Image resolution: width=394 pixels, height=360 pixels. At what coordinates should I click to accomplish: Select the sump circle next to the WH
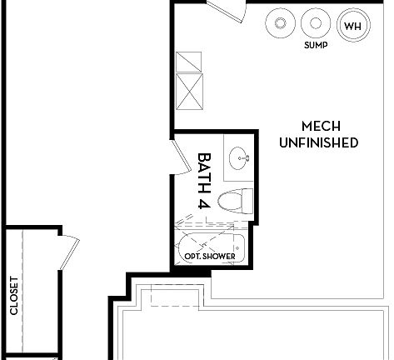point(315,23)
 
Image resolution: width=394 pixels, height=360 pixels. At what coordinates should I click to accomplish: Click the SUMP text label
point(316,47)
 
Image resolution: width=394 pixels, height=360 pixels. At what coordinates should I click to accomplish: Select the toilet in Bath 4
point(234,201)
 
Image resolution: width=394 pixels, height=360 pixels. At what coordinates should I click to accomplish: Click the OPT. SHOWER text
point(209,255)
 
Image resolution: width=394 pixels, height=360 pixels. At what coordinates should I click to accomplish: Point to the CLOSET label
point(13,296)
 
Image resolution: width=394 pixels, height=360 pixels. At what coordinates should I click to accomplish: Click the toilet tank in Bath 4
point(247,201)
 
